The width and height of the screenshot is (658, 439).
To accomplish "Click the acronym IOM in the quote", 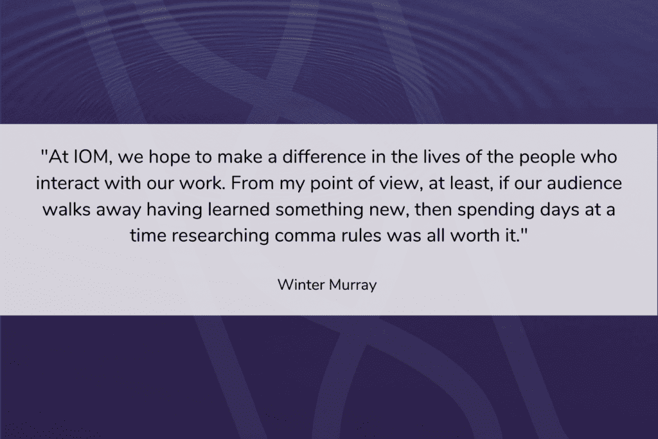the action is click(x=91, y=157).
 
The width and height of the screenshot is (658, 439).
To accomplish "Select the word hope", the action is click(x=169, y=158).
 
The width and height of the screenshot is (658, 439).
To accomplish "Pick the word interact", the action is click(x=67, y=183).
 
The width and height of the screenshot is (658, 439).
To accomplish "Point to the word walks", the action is click(x=66, y=210).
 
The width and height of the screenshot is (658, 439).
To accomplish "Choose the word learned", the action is click(x=238, y=210).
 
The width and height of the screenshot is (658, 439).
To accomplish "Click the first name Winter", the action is click(x=301, y=285).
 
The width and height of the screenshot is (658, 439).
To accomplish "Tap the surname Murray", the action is click(x=353, y=286).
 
